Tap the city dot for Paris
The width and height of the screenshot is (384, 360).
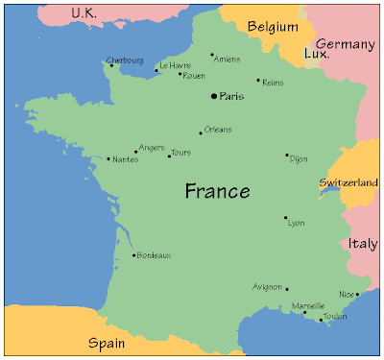coord(213,96)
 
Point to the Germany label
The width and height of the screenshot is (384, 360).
coord(345,44)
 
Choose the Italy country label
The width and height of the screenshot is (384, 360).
coord(363,243)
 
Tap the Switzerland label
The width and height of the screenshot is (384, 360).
coord(348,181)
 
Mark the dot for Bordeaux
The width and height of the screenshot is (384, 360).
coord(133,255)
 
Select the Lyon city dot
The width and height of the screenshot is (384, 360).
coord(285,218)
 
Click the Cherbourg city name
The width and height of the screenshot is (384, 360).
coord(125,60)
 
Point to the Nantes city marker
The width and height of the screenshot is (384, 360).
coord(108,158)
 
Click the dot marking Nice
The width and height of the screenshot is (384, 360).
coord(357,294)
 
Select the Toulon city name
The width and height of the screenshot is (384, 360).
coord(336,316)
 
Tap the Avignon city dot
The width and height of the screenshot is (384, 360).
coord(286,288)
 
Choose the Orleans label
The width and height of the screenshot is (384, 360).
coord(218,129)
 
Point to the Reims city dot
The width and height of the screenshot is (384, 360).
coord(258,81)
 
